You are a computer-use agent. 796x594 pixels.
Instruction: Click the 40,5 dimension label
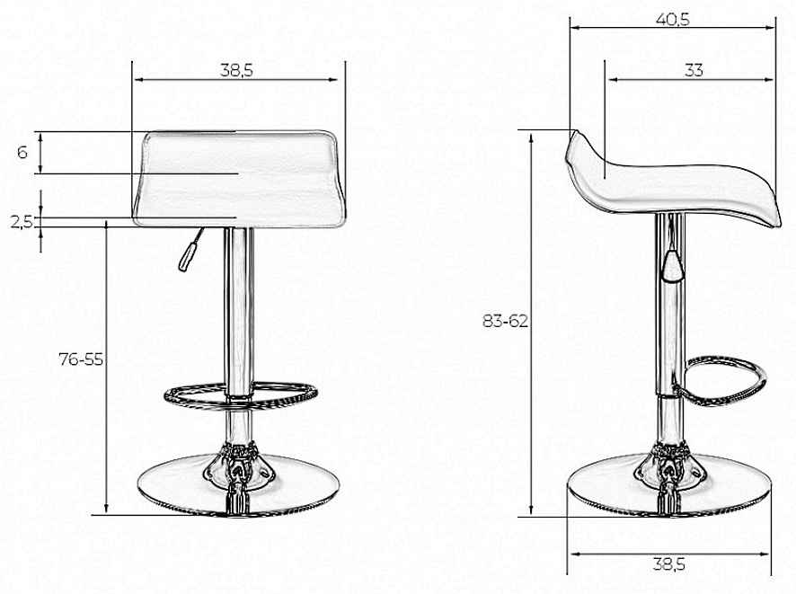[673, 19]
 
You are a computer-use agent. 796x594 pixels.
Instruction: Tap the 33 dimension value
[694, 70]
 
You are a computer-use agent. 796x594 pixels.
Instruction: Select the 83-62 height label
[505, 321]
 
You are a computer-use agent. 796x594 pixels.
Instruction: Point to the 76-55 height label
[81, 359]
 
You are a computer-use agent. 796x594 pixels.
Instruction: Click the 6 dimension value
[22, 152]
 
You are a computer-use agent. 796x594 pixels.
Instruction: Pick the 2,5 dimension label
[22, 221]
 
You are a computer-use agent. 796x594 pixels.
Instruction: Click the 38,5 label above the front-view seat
[236, 70]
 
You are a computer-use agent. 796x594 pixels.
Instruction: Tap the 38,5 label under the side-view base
[669, 563]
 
